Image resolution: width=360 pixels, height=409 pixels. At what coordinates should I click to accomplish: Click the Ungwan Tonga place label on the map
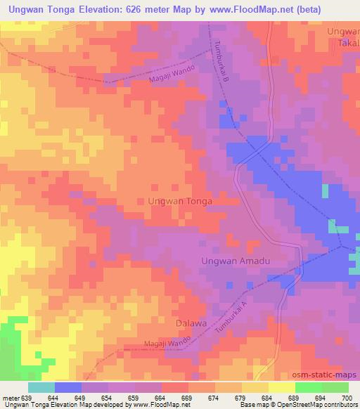click(x=180, y=200)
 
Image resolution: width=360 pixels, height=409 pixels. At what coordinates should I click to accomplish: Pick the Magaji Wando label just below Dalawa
click(x=148, y=343)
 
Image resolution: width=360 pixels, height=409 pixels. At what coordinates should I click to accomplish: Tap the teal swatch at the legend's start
click(x=41, y=387)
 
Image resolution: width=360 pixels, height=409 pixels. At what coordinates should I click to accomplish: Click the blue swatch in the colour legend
click(x=68, y=387)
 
